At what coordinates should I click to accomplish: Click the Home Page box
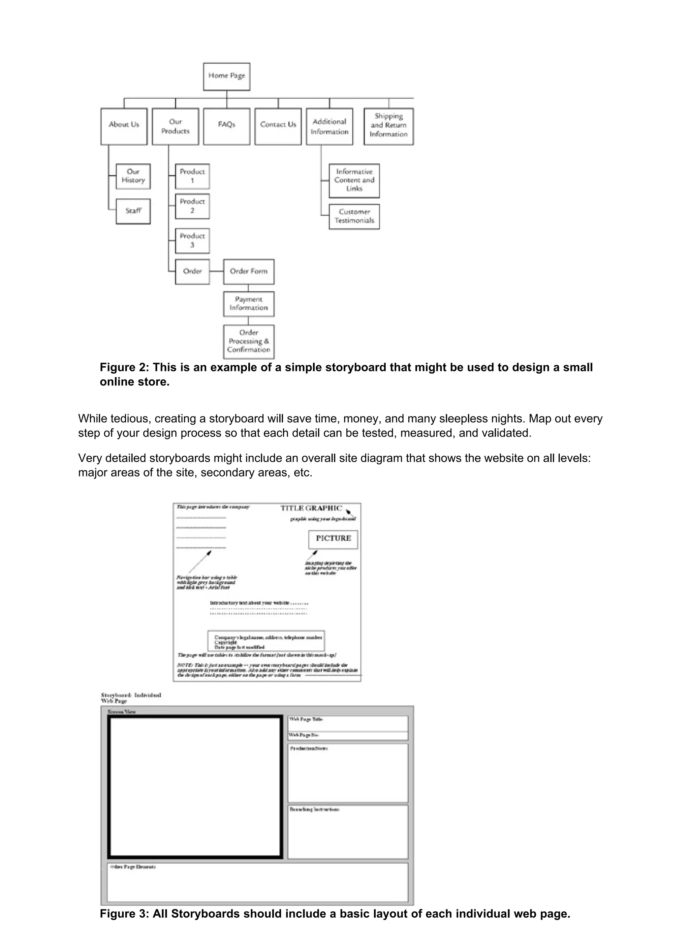[226, 76]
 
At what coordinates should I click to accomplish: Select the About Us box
[124, 126]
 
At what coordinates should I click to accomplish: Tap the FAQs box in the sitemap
[226, 126]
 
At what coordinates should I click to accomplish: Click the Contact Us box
[278, 126]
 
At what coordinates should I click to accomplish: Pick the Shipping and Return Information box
[388, 126]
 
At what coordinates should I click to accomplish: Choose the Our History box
[133, 176]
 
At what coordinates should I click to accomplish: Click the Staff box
[133, 211]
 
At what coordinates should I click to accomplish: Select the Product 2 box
[192, 206]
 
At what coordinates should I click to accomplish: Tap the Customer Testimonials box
[354, 216]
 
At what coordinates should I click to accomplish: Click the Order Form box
[249, 272]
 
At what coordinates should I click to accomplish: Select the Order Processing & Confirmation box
[249, 341]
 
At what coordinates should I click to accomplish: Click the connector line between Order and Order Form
[216, 271]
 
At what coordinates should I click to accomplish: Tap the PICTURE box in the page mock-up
[333, 539]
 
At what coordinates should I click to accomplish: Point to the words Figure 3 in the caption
[124, 914]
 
